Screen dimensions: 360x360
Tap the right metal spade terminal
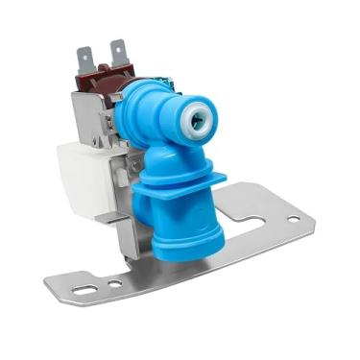click(119, 54)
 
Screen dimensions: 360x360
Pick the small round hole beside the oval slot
click(114, 284)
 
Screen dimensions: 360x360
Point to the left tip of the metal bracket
click(47, 284)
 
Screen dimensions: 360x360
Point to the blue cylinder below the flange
click(183, 230)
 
